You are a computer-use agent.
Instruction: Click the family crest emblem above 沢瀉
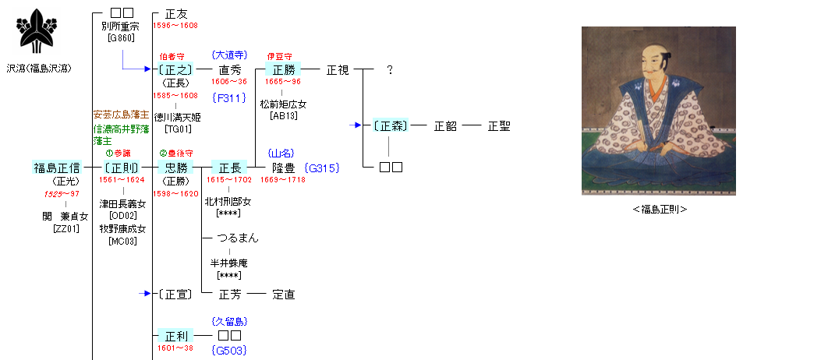pyautogui.click(x=35, y=31)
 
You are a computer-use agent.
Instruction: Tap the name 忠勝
pyautogui.click(x=173, y=168)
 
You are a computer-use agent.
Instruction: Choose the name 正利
pyautogui.click(x=173, y=336)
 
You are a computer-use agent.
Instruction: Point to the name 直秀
pyautogui.click(x=229, y=70)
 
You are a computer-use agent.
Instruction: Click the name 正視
pyautogui.click(x=338, y=70)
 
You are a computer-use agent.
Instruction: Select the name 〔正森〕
pyautogui.click(x=390, y=125)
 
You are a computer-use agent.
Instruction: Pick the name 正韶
pyautogui.click(x=445, y=125)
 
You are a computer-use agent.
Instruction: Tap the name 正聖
pyautogui.click(x=499, y=125)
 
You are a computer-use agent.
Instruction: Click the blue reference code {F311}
pyautogui.click(x=229, y=97)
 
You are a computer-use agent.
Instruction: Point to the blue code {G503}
pyautogui.click(x=229, y=351)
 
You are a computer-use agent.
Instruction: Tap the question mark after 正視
pyautogui.click(x=390, y=70)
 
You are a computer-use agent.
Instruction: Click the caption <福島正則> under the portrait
pyautogui.click(x=659, y=209)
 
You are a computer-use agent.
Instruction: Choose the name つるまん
pyautogui.click(x=238, y=238)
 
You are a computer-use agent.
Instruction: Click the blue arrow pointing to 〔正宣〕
pyautogui.click(x=144, y=294)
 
